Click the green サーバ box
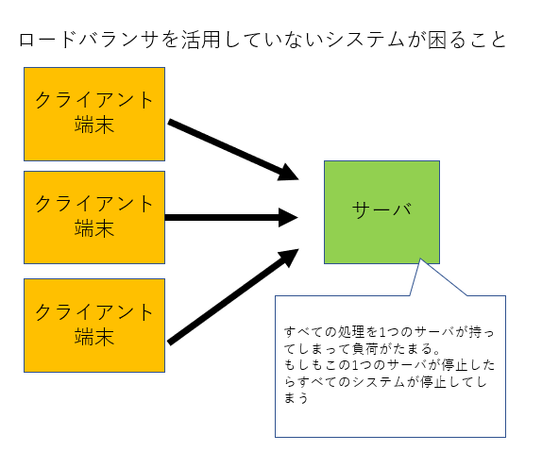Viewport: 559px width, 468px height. tap(381, 212)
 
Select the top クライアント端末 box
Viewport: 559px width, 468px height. tap(94, 114)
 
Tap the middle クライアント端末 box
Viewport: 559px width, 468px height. tap(94, 218)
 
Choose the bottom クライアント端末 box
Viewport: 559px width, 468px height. tap(94, 326)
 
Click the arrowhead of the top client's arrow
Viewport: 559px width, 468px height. tap(290, 174)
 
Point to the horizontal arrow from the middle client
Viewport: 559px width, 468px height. tap(231, 218)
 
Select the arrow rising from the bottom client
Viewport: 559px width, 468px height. tap(233, 296)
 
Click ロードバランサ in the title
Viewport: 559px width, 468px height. tap(89, 40)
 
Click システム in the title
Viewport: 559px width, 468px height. tap(365, 40)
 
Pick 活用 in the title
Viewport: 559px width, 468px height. tap(201, 40)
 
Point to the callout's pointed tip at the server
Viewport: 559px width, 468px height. tap(420, 259)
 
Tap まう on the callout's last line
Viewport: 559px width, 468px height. tap(296, 398)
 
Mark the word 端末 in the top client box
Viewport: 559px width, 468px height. tap(94, 125)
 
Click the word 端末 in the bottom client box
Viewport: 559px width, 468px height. tap(94, 337)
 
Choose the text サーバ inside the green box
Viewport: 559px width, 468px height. tap(381, 209)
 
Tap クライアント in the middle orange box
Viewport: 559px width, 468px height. tap(94, 204)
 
